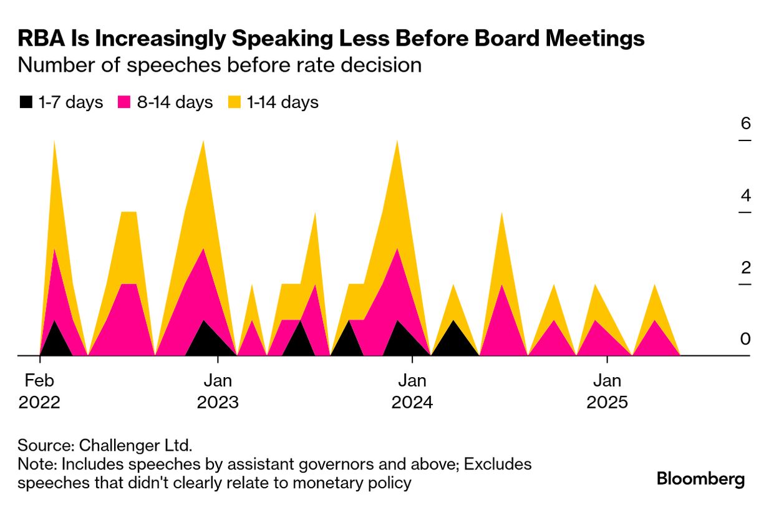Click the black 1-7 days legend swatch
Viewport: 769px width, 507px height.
(26, 102)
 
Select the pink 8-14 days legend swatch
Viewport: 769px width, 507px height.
(124, 102)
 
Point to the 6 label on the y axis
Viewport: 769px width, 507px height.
(745, 123)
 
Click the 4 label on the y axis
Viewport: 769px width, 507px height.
(745, 195)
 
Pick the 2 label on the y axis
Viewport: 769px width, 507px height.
(745, 267)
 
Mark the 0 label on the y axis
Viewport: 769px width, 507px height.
(745, 339)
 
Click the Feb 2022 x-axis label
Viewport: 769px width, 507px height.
(39, 391)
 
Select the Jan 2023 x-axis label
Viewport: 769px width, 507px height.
(218, 391)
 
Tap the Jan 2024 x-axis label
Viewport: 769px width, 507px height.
(412, 391)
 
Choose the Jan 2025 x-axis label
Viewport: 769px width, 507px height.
(607, 391)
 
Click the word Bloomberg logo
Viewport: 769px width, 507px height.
(701, 480)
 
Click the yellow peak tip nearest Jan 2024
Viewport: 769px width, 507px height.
(397, 142)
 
